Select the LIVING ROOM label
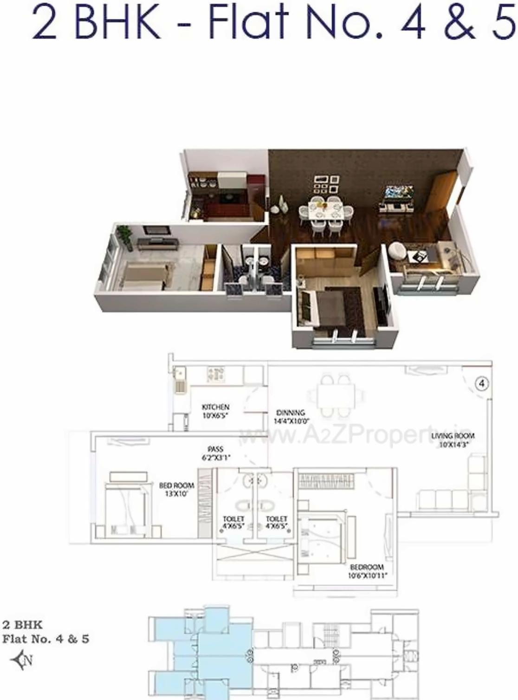(453, 439)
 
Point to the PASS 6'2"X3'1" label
(215, 453)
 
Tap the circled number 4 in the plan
(482, 383)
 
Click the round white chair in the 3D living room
(398, 251)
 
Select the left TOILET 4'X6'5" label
(233, 522)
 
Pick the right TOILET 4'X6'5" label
(277, 522)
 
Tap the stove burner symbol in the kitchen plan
(215, 375)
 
